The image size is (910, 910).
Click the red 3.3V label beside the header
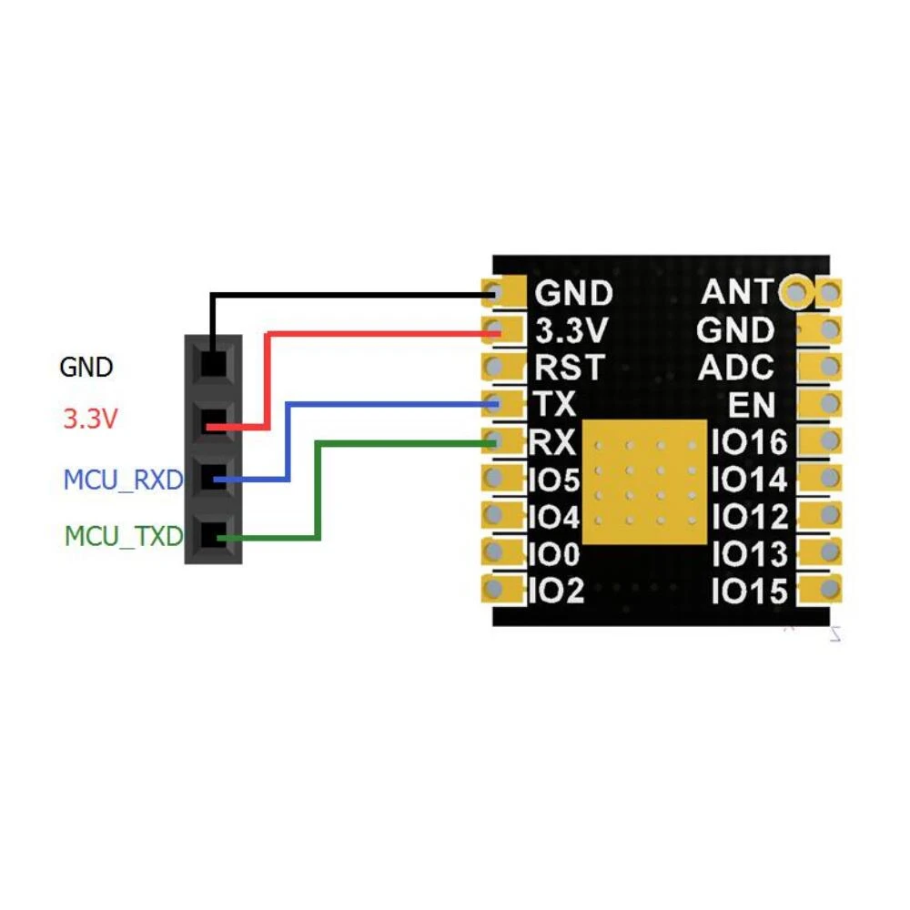(91, 420)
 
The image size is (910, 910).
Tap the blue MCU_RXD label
(124, 480)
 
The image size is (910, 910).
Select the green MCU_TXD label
(124, 536)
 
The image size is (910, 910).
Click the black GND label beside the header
(86, 368)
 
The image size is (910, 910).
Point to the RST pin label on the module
(569, 368)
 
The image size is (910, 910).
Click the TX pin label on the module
(555, 404)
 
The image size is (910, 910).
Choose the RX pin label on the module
(553, 443)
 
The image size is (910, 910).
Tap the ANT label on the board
(737, 292)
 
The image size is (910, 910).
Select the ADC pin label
(736, 368)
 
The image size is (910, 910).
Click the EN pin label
(752, 405)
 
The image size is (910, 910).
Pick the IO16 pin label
(750, 443)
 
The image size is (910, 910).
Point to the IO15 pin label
(750, 591)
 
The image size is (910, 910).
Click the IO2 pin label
(556, 591)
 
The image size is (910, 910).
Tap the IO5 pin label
(554, 480)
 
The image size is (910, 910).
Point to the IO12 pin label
(750, 517)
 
